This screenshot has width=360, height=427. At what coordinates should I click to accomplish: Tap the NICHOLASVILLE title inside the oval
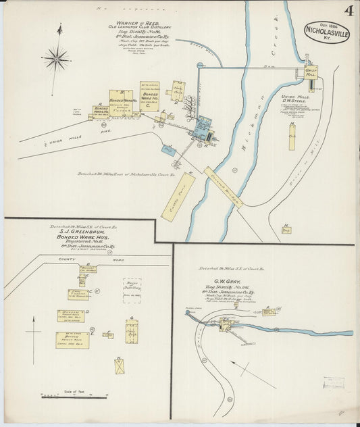pyautogui.click(x=327, y=30)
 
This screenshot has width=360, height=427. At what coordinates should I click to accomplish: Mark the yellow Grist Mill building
pyautogui.click(x=310, y=72)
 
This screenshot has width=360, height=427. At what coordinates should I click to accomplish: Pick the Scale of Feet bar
pyautogui.click(x=57, y=397)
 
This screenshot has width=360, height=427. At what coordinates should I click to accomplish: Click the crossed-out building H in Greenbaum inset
pyautogui.click(x=119, y=367)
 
